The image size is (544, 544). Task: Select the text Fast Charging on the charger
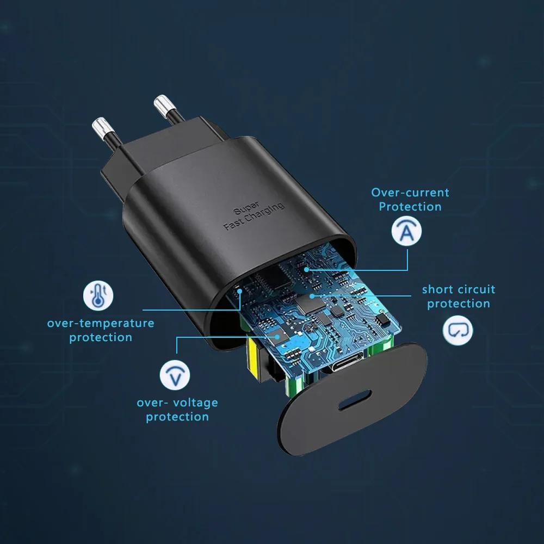click(x=254, y=217)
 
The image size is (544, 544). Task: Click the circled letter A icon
click(x=406, y=231)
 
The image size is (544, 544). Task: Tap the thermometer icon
click(x=98, y=295)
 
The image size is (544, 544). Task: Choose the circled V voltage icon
click(x=175, y=375)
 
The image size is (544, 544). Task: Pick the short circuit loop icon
click(x=458, y=330)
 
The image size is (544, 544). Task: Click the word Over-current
click(x=410, y=192)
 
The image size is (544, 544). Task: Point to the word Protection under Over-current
click(x=410, y=207)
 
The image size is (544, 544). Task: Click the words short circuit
click(x=459, y=289)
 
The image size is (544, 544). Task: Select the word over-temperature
click(x=101, y=323)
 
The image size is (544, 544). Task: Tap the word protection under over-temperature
click(x=101, y=337)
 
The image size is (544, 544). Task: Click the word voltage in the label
click(x=193, y=403)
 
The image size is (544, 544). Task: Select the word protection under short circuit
click(x=459, y=304)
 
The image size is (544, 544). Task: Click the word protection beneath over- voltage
click(x=177, y=417)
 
